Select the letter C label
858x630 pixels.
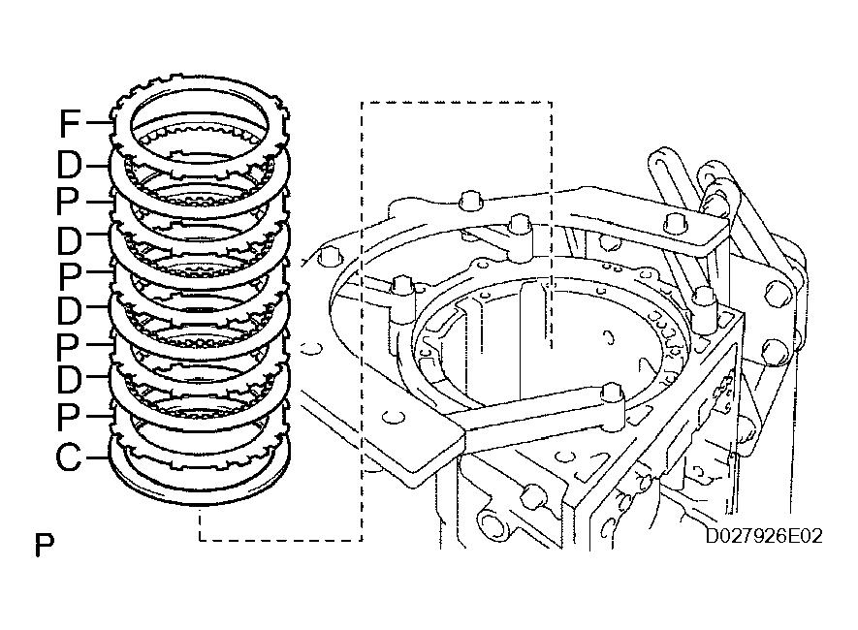[68, 457]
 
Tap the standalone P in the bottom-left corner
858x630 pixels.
[44, 547]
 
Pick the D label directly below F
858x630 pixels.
[69, 166]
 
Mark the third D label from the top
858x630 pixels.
[69, 311]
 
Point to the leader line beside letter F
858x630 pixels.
[100, 123]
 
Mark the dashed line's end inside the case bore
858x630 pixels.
[551, 344]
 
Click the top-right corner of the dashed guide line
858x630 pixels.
[551, 102]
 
